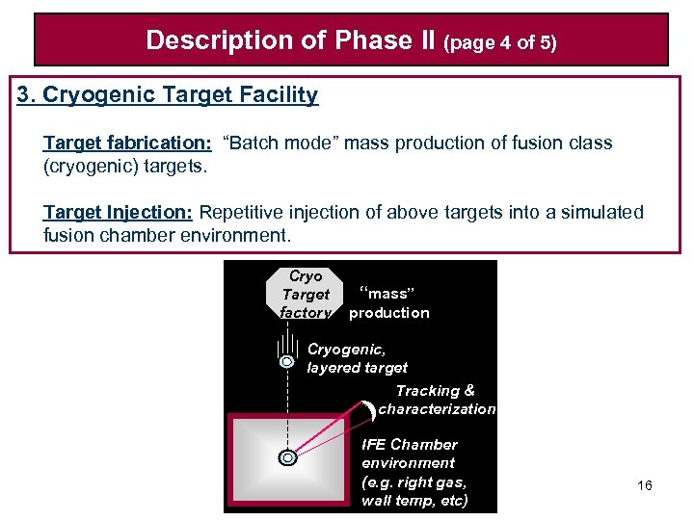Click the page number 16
(645, 485)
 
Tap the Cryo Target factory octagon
(305, 294)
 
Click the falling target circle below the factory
(287, 362)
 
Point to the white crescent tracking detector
(371, 412)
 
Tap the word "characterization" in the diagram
(437, 409)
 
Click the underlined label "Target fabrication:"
(127, 143)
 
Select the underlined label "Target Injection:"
(119, 213)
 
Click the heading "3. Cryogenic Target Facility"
(168, 95)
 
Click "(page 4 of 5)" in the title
(500, 42)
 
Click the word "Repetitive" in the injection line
(243, 213)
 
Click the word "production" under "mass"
(389, 313)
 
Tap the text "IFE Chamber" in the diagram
(409, 445)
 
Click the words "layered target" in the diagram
(357, 368)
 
